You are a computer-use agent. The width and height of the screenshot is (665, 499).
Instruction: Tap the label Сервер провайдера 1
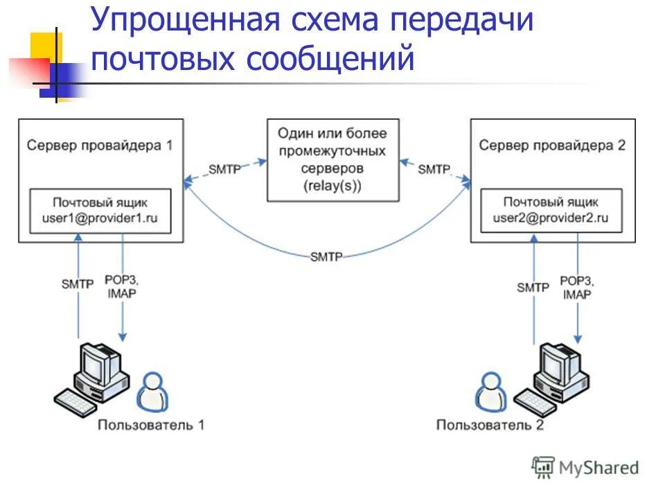100,146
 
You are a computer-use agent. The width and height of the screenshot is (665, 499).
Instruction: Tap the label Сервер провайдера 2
552,146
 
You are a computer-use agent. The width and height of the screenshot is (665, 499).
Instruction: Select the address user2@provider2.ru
551,217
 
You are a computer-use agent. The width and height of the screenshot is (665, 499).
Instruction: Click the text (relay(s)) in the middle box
332,186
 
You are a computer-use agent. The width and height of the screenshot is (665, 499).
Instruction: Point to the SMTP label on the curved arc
326,256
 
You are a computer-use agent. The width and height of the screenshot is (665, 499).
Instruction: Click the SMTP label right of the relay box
434,168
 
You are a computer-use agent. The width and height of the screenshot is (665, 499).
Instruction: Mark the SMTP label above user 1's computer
77,285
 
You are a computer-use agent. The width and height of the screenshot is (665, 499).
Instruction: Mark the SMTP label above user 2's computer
533,287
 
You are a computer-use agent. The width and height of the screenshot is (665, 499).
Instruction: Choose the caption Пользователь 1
151,424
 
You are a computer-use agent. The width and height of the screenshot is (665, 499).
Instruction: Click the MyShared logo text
598,468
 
